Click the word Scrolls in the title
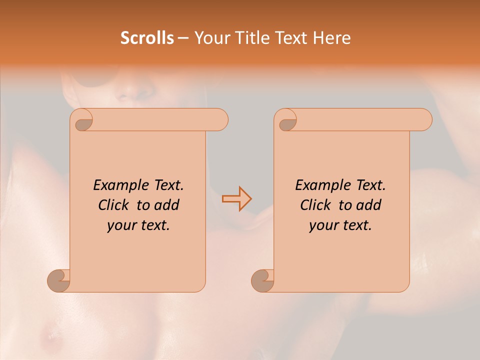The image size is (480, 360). (147, 38)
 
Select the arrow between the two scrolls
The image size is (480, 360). (236, 199)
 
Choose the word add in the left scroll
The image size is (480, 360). (167, 205)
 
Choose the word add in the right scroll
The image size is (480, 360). (369, 205)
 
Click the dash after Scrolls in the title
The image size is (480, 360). (183, 38)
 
